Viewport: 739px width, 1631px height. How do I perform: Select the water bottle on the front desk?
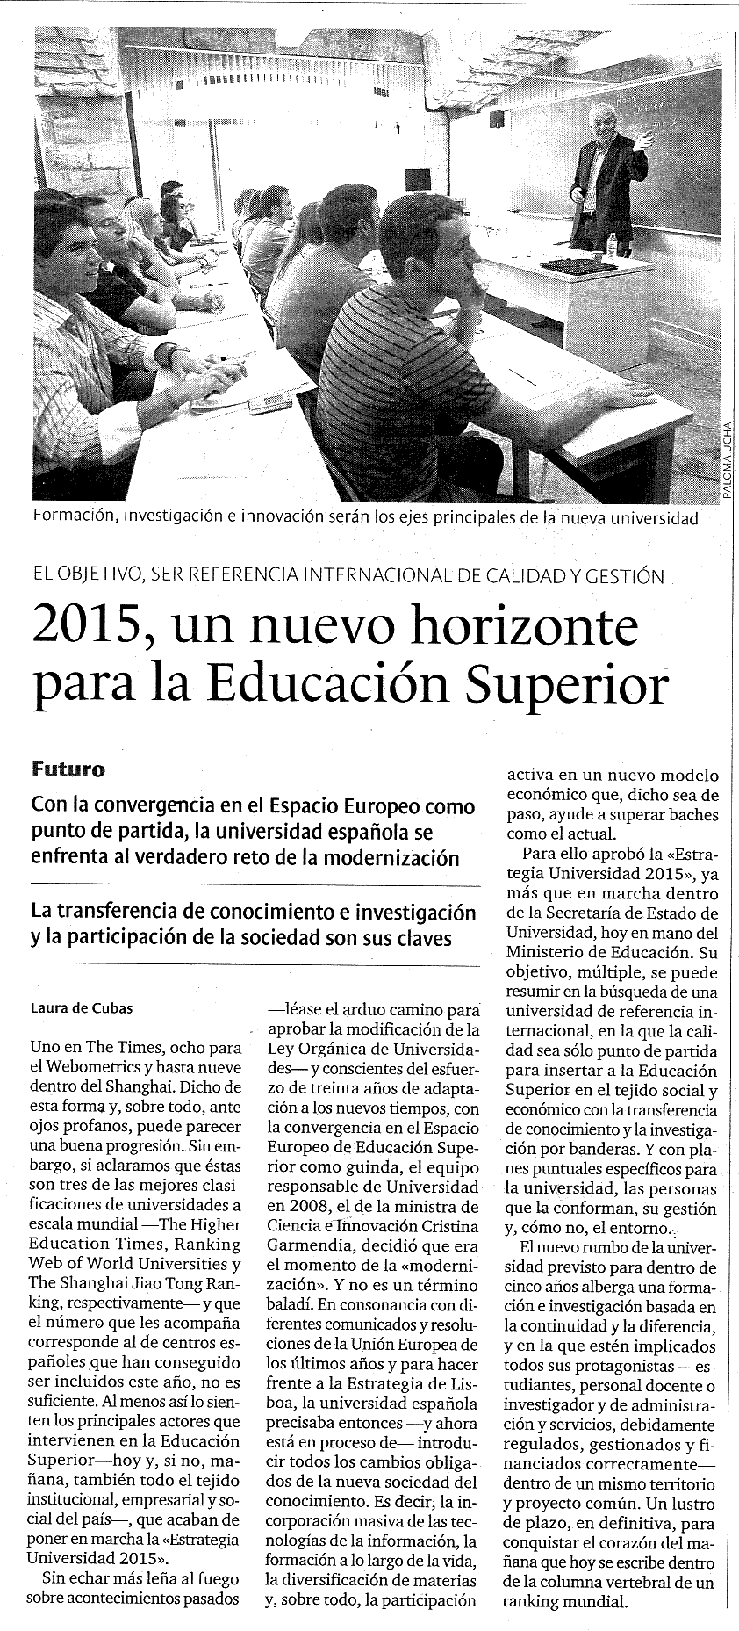click(x=610, y=244)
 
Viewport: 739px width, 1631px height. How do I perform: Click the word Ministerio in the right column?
click(x=550, y=950)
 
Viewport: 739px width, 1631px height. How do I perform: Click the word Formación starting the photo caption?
click(x=73, y=517)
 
